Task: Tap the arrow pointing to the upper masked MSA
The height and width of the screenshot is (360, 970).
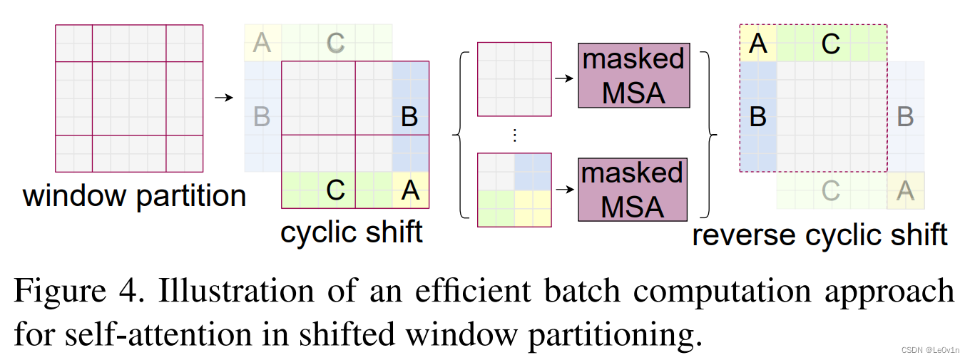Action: tap(564, 78)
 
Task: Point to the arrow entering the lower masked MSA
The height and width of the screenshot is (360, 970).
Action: tap(564, 190)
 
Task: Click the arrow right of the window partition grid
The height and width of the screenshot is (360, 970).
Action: tap(224, 97)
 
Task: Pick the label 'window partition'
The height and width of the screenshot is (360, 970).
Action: tap(134, 195)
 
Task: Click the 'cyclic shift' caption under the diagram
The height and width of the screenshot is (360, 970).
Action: tap(351, 232)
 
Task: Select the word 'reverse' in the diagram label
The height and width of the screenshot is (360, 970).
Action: tap(743, 234)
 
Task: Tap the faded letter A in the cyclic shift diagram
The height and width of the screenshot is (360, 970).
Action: tap(262, 43)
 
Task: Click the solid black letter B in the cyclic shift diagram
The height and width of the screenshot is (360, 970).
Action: tap(409, 116)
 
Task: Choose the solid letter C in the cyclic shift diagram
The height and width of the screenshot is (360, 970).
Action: tap(335, 190)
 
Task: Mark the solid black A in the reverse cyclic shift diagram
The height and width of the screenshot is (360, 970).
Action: tap(758, 44)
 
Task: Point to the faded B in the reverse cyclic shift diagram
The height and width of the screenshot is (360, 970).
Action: tap(905, 116)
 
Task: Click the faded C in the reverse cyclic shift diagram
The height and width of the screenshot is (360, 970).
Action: tap(831, 190)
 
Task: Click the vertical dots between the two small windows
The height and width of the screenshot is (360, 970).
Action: tap(514, 135)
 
